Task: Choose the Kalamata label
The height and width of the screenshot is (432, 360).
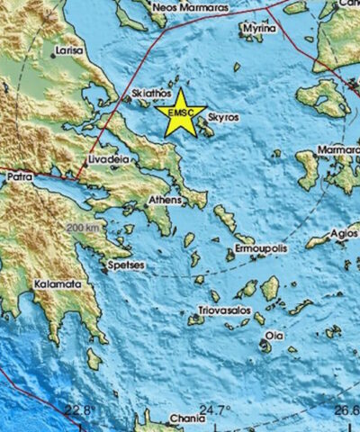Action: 58,283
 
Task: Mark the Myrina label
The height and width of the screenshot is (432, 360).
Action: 257,27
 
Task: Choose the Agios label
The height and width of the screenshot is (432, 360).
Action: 344,232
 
